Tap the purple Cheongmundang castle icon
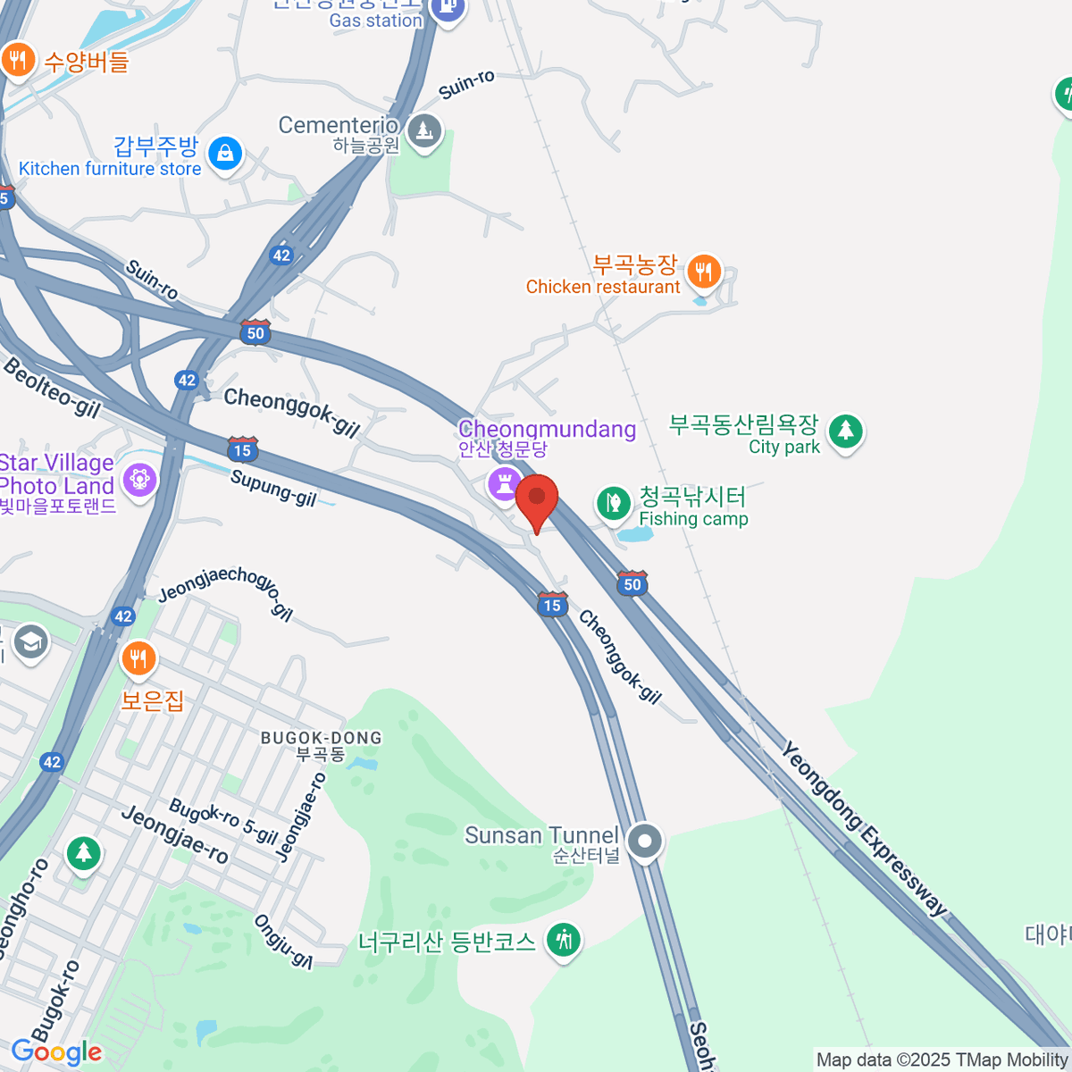click(x=505, y=485)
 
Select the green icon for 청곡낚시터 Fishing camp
click(x=614, y=503)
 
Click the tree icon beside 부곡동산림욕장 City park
click(x=845, y=431)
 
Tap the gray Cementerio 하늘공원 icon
click(x=423, y=131)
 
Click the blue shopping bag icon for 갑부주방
click(x=226, y=154)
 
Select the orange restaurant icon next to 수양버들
click(x=17, y=61)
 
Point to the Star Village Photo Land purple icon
click(x=139, y=480)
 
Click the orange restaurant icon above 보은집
click(x=138, y=659)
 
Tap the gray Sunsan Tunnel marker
click(x=644, y=841)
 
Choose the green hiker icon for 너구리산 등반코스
click(x=563, y=940)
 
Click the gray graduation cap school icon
click(x=31, y=641)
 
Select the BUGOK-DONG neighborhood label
click(x=321, y=738)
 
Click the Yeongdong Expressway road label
click(x=863, y=828)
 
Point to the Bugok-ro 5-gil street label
click(x=223, y=821)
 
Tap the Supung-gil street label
click(x=273, y=488)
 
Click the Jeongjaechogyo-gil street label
click(x=225, y=590)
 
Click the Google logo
click(x=57, y=1052)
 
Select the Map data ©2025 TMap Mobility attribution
click(x=942, y=1059)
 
